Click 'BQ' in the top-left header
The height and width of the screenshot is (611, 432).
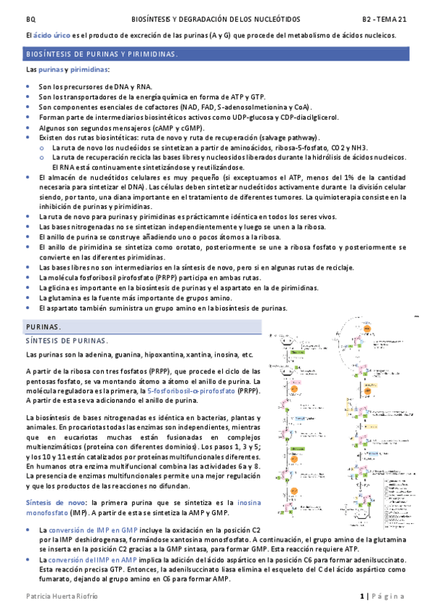coord(30,19)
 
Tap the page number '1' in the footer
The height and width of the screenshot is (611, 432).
coord(363,597)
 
